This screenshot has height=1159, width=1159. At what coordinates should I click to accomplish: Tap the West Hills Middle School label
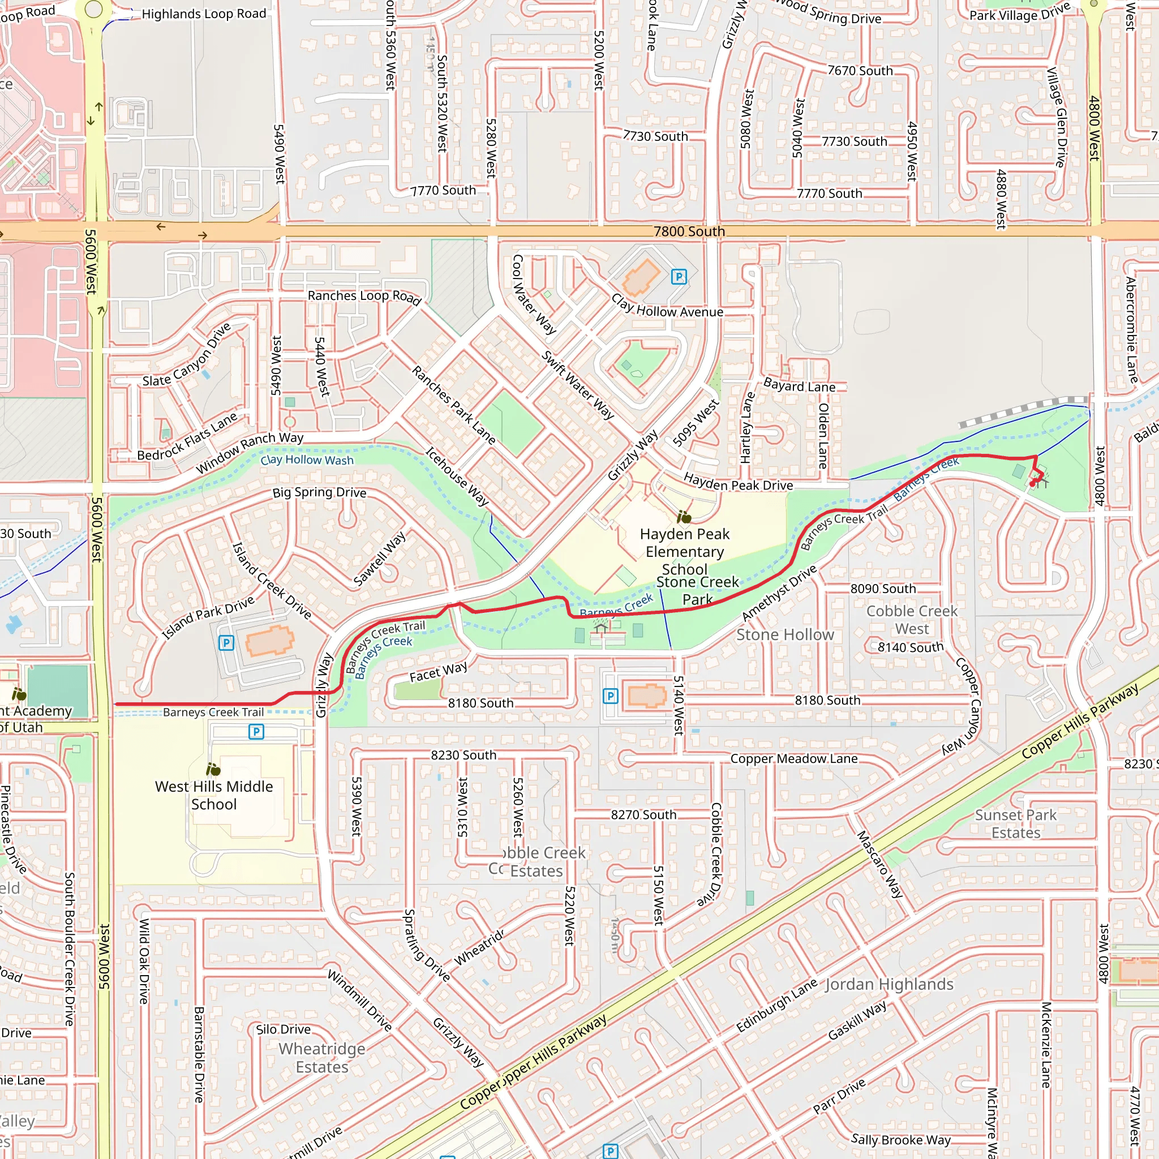(x=213, y=796)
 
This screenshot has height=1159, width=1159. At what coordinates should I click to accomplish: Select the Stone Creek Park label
(x=698, y=590)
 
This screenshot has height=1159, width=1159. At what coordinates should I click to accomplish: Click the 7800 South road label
(x=689, y=231)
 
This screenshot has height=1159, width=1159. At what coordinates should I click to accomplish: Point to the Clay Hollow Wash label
(x=307, y=460)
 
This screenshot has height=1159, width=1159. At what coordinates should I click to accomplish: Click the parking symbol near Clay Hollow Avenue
(x=679, y=277)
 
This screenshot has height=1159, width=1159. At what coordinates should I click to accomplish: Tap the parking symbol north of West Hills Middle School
(x=256, y=731)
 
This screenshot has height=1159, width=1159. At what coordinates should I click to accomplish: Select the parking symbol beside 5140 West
(x=610, y=696)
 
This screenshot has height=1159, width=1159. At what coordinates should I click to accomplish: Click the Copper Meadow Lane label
(x=793, y=759)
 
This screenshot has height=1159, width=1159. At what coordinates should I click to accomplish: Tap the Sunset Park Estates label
(x=1016, y=823)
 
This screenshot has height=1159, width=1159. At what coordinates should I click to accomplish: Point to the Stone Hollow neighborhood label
(x=785, y=635)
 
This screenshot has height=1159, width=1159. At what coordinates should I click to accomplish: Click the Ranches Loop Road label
(x=364, y=297)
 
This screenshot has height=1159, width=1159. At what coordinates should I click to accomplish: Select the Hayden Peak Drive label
(x=738, y=482)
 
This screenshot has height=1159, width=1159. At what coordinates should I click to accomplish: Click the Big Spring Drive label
(x=319, y=492)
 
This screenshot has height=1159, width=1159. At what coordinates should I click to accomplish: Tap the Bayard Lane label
(x=799, y=386)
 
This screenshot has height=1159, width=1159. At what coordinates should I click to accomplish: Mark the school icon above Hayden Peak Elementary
(x=684, y=517)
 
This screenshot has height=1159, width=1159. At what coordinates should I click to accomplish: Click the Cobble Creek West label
(x=912, y=620)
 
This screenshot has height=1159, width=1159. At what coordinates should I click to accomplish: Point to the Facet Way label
(x=439, y=672)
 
